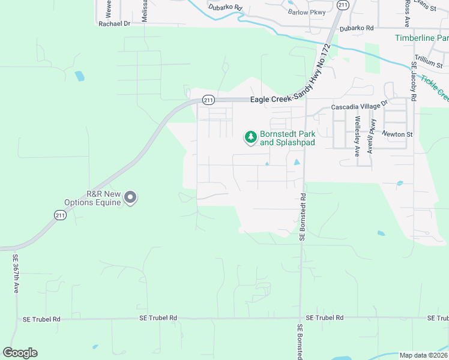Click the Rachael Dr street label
click(x=114, y=23)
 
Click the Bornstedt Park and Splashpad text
click(x=288, y=139)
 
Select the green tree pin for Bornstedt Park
click(x=250, y=138)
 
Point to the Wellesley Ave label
click(x=357, y=136)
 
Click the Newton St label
click(x=400, y=134)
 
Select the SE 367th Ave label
click(x=16, y=273)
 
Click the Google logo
click(x=20, y=353)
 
